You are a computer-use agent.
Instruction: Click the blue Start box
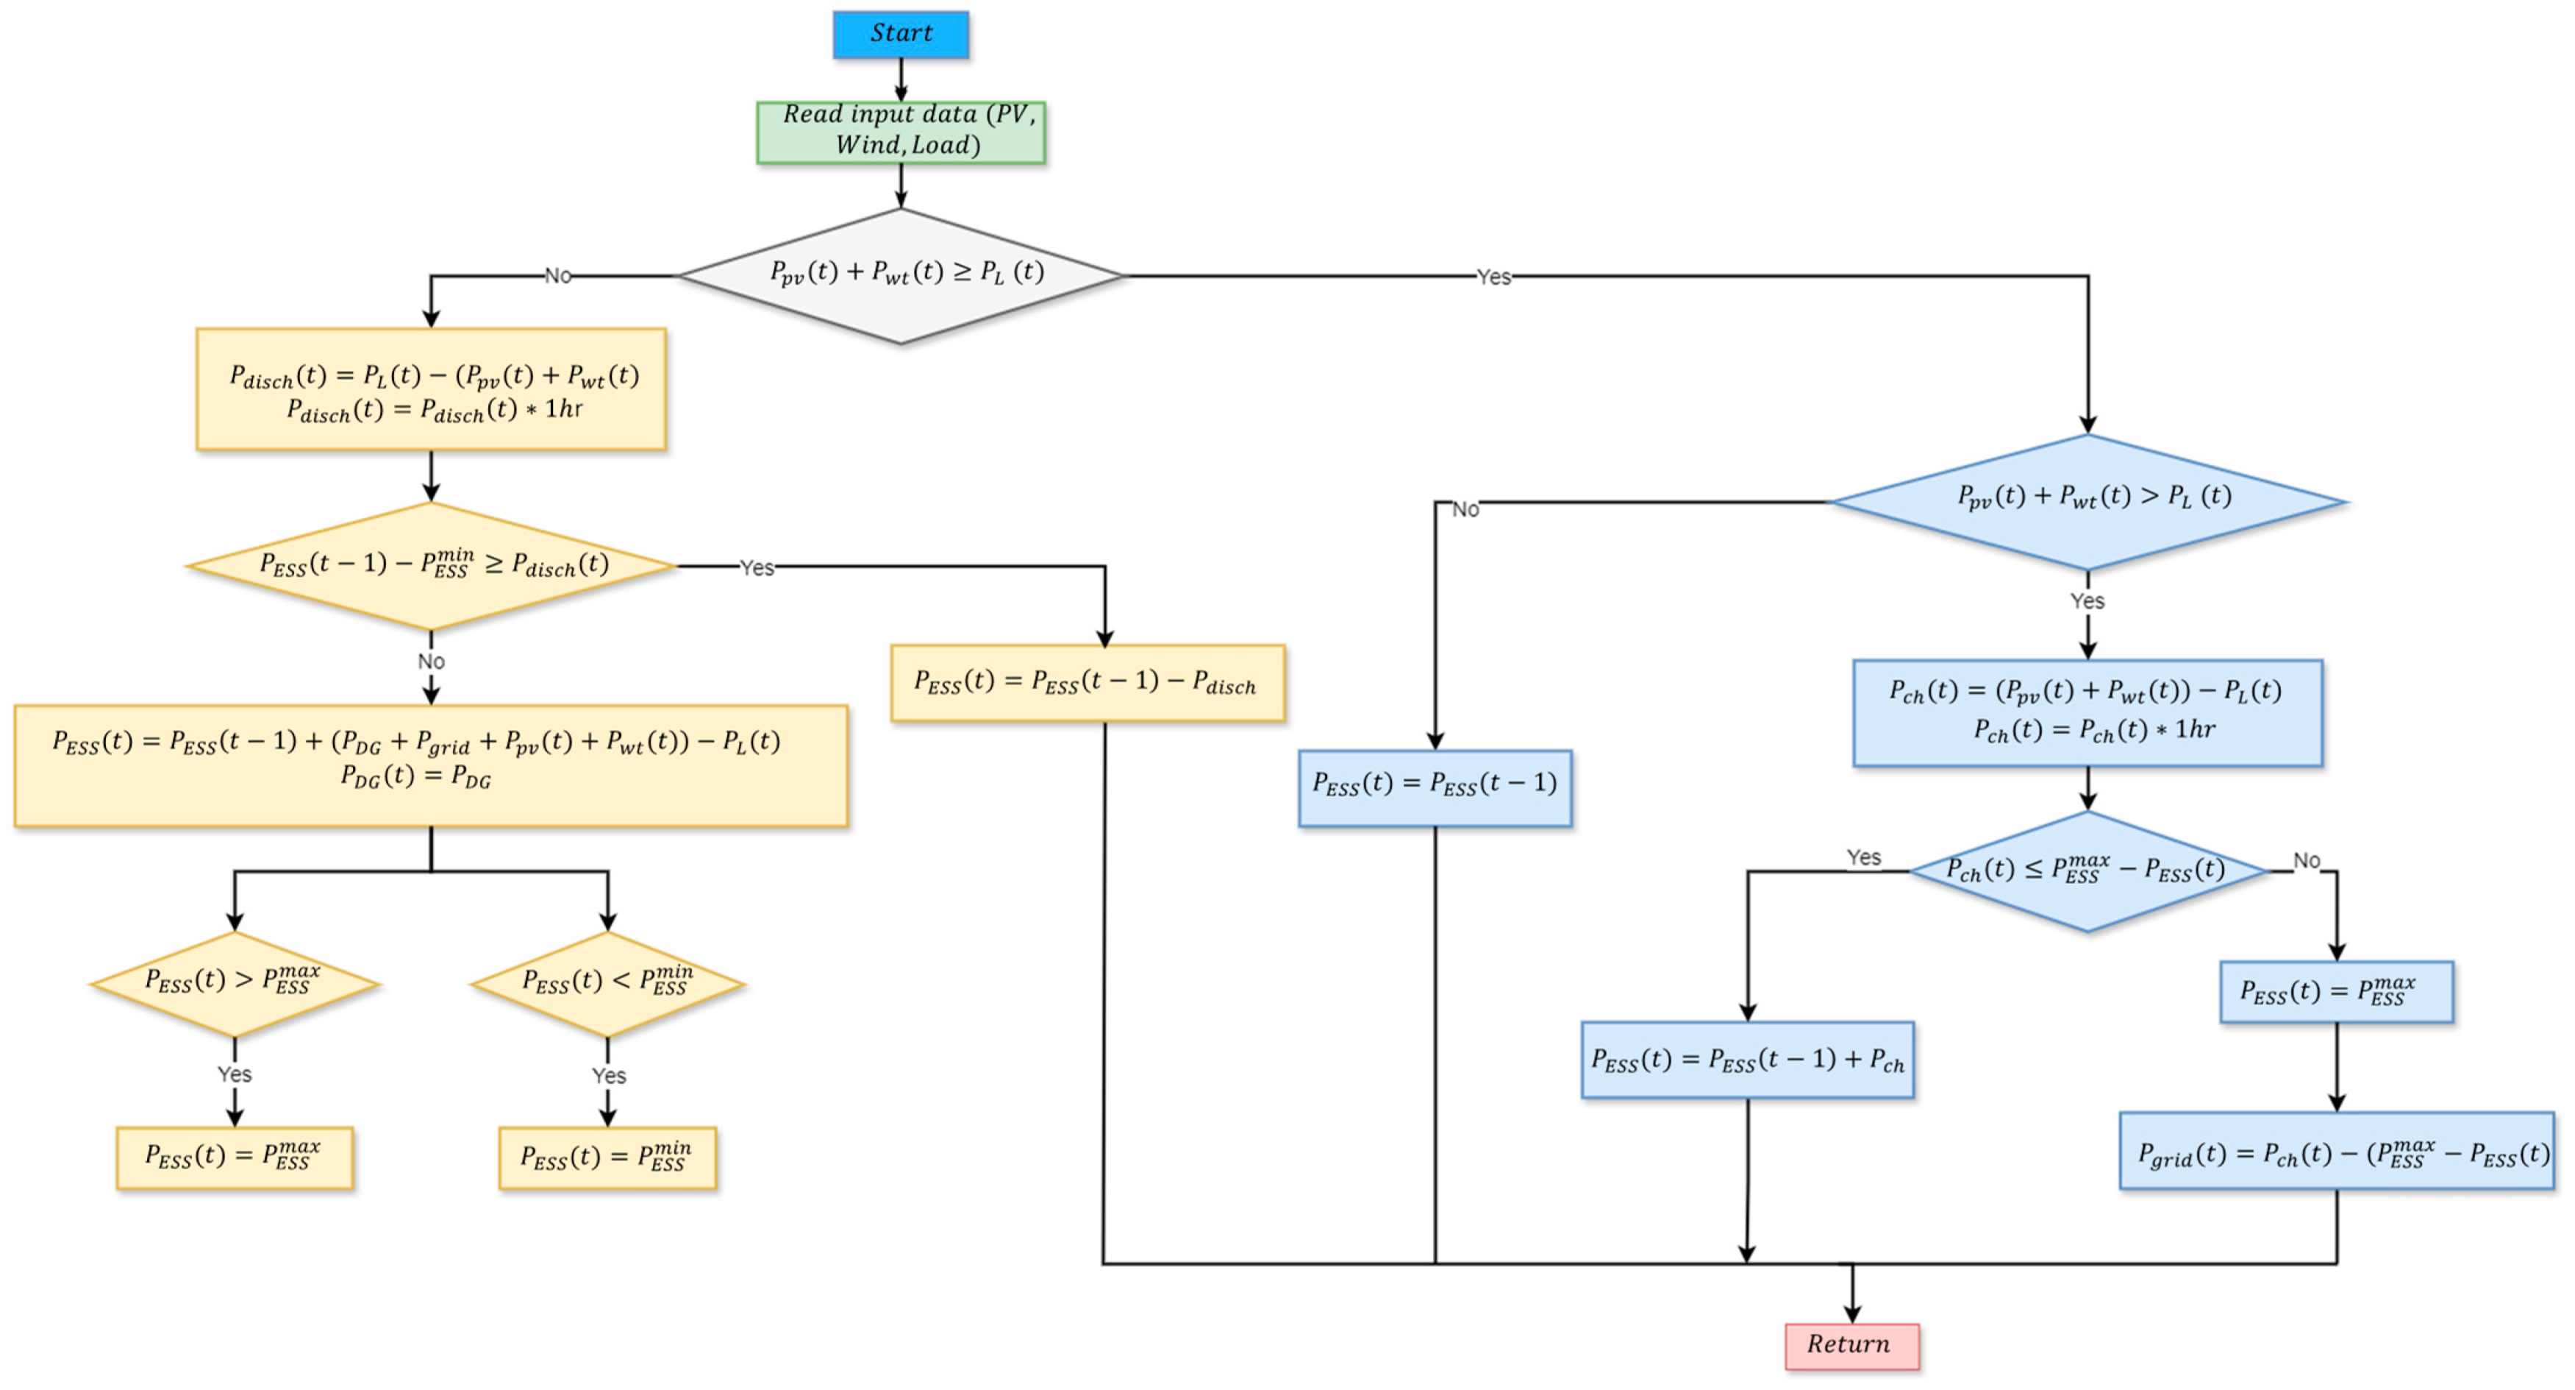tap(901, 34)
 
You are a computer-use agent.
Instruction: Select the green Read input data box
tap(901, 132)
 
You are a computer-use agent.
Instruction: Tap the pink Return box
tap(1851, 1345)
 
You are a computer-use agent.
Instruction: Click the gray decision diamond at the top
tap(901, 275)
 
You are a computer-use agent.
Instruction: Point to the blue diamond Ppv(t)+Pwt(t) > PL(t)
tap(2087, 500)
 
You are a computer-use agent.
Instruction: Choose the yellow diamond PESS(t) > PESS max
tap(234, 983)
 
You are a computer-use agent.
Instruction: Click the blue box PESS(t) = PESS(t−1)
tap(1435, 787)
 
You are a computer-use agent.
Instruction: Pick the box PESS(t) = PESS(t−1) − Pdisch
tap(1087, 683)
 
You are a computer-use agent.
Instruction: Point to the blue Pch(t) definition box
tap(2087, 712)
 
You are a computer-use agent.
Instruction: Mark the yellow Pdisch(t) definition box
tap(431, 389)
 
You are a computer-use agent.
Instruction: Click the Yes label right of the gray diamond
tap(1493, 277)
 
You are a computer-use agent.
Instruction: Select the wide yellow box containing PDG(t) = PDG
tap(431, 765)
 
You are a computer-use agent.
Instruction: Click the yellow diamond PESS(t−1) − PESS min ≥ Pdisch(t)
tap(431, 566)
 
